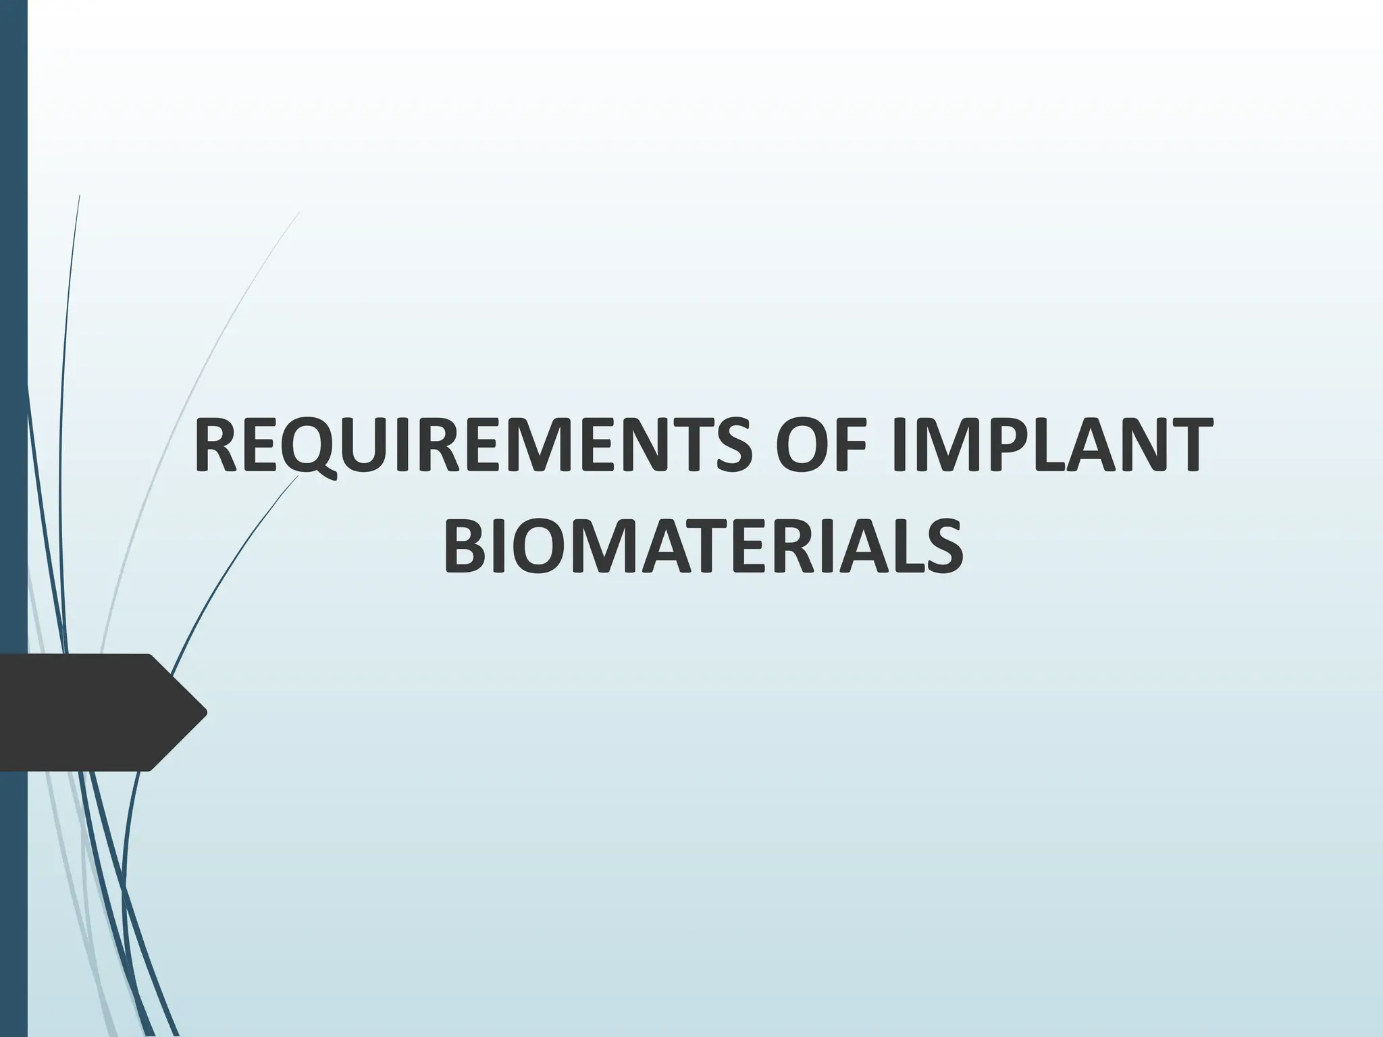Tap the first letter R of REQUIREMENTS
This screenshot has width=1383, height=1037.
coord(215,447)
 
